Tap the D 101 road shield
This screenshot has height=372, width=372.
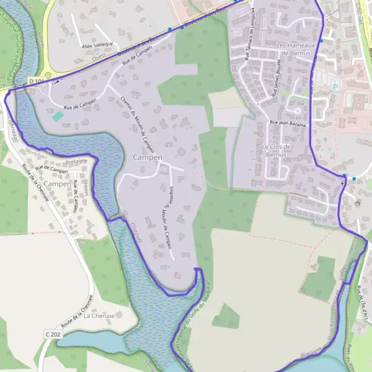(35, 81)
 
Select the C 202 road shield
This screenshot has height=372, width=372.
(53, 334)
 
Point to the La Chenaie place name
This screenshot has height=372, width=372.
(99, 315)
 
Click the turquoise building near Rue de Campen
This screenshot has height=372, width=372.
(58, 116)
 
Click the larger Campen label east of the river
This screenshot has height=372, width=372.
(148, 157)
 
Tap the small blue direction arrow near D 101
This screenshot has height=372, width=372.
(56, 82)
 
